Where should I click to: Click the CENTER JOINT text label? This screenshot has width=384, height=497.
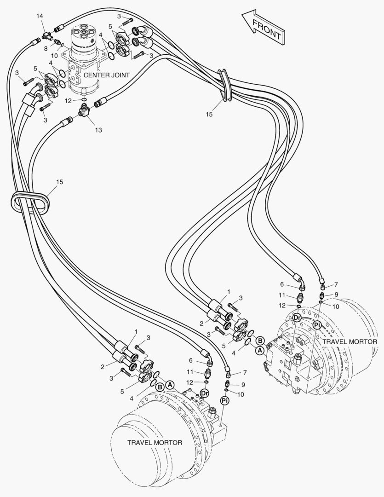point(106,75)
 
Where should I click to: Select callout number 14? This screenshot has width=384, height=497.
point(40,16)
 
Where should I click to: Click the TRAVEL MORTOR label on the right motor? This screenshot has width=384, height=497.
point(350,341)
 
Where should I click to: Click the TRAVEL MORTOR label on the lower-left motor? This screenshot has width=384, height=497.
point(155,442)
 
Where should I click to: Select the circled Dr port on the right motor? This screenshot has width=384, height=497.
point(297,318)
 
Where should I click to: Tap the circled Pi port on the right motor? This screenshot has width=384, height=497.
point(317,325)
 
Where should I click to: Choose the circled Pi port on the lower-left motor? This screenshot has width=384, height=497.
point(224,401)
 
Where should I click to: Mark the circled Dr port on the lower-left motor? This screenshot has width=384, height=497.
point(204,393)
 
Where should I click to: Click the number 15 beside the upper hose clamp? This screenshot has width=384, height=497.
point(210,114)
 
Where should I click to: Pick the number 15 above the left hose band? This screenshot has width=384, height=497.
point(60,182)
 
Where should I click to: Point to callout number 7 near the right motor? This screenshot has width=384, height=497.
point(336,284)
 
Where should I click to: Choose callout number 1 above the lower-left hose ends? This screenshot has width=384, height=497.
point(136,331)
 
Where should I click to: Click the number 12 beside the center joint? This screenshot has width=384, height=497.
point(67,101)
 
